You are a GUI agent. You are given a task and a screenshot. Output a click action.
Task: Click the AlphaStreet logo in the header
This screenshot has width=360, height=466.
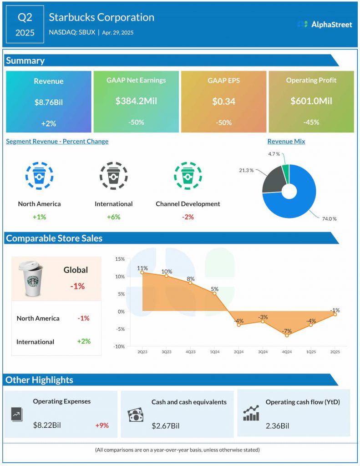(x=325, y=24)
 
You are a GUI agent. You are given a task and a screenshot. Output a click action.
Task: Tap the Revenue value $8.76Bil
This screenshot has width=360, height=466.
(x=49, y=102)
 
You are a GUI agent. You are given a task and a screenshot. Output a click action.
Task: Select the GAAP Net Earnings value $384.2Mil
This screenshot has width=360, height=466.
(x=136, y=101)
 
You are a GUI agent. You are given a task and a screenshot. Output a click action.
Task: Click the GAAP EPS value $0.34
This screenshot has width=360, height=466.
(x=223, y=101)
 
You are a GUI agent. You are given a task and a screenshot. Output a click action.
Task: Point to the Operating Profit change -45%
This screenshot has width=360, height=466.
(x=311, y=122)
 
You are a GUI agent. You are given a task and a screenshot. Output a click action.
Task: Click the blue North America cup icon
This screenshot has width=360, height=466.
(x=39, y=175)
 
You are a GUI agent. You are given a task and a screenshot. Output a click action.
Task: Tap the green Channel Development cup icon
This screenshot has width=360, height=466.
(x=188, y=175)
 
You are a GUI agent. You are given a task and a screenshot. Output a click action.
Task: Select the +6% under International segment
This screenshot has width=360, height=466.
(x=113, y=217)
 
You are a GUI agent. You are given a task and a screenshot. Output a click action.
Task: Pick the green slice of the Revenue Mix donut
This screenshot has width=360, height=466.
(x=285, y=172)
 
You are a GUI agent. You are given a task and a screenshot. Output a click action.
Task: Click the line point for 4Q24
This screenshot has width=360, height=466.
(x=287, y=335)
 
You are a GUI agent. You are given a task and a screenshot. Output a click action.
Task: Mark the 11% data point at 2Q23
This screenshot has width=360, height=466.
(x=142, y=272)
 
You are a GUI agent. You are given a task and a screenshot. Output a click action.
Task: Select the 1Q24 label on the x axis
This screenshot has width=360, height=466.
(x=214, y=351)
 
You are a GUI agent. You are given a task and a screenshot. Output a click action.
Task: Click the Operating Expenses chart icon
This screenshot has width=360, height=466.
(x=16, y=414)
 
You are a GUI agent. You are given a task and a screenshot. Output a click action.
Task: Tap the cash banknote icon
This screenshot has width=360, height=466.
(x=135, y=415)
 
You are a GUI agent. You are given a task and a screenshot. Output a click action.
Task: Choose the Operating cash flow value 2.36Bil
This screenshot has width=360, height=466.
(x=277, y=426)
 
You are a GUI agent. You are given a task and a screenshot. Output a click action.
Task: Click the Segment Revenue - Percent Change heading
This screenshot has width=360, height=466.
(x=57, y=141)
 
